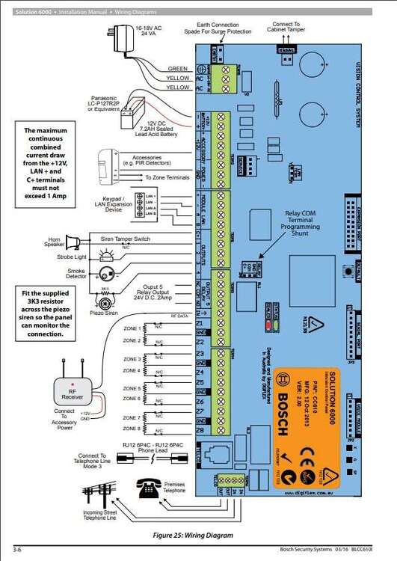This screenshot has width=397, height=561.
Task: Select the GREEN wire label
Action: point(178,68)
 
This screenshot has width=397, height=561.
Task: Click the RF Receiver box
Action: point(68,387)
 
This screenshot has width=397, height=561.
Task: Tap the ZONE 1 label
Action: point(131,328)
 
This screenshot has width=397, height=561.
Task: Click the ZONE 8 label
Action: point(131,429)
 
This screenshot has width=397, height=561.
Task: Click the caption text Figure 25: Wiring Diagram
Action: point(193,536)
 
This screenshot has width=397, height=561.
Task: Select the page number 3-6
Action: point(18,551)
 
